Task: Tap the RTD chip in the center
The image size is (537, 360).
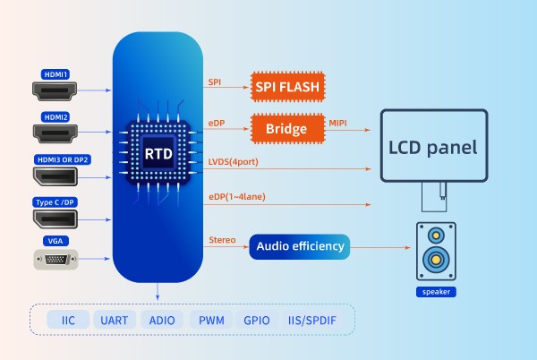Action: (158, 153)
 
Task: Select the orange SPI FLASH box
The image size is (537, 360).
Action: (287, 86)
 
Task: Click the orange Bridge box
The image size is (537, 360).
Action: (287, 129)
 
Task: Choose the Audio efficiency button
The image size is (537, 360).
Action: (299, 245)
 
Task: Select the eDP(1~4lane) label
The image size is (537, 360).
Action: (236, 196)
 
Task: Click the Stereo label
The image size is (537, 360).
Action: (222, 239)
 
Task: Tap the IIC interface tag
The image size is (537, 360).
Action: (68, 320)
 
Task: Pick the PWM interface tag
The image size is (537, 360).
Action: (211, 320)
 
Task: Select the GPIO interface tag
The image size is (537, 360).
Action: (257, 320)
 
